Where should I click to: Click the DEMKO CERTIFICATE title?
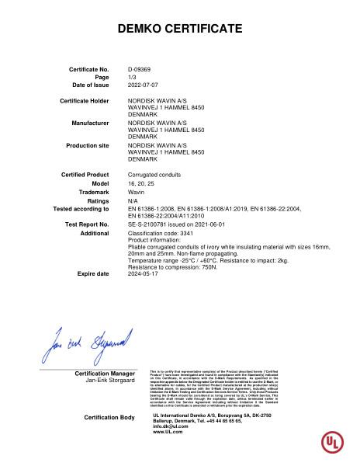click(x=179, y=29)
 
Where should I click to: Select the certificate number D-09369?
click(x=139, y=69)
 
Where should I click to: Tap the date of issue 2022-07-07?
click(x=143, y=84)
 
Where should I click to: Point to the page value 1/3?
click(x=132, y=77)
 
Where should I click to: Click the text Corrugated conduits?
click(x=153, y=175)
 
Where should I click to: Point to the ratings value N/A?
click(x=133, y=200)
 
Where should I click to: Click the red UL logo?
click(x=333, y=442)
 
